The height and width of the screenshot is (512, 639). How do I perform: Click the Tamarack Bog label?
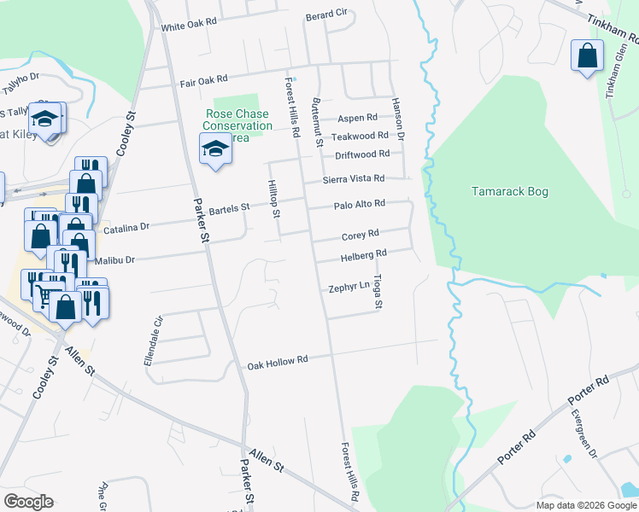pyautogui.click(x=509, y=192)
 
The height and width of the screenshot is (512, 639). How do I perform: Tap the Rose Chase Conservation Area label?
pyautogui.click(x=237, y=125)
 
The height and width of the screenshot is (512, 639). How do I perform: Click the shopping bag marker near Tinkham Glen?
pyautogui.click(x=587, y=57)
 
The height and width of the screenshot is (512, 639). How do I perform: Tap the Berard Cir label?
pyautogui.click(x=326, y=15)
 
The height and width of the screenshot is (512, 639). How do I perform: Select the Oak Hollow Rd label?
pyautogui.click(x=277, y=362)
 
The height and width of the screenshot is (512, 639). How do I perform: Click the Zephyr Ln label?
pyautogui.click(x=349, y=288)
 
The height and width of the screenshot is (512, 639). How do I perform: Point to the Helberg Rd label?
pyautogui.click(x=364, y=253)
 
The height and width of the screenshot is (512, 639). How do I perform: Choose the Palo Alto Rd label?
pyautogui.click(x=359, y=204)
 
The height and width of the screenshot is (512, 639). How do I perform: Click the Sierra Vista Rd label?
pyautogui.click(x=353, y=179)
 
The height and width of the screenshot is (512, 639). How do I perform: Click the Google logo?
pyautogui.click(x=28, y=502)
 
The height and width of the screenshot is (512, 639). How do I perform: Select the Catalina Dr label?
pyautogui.click(x=126, y=228)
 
